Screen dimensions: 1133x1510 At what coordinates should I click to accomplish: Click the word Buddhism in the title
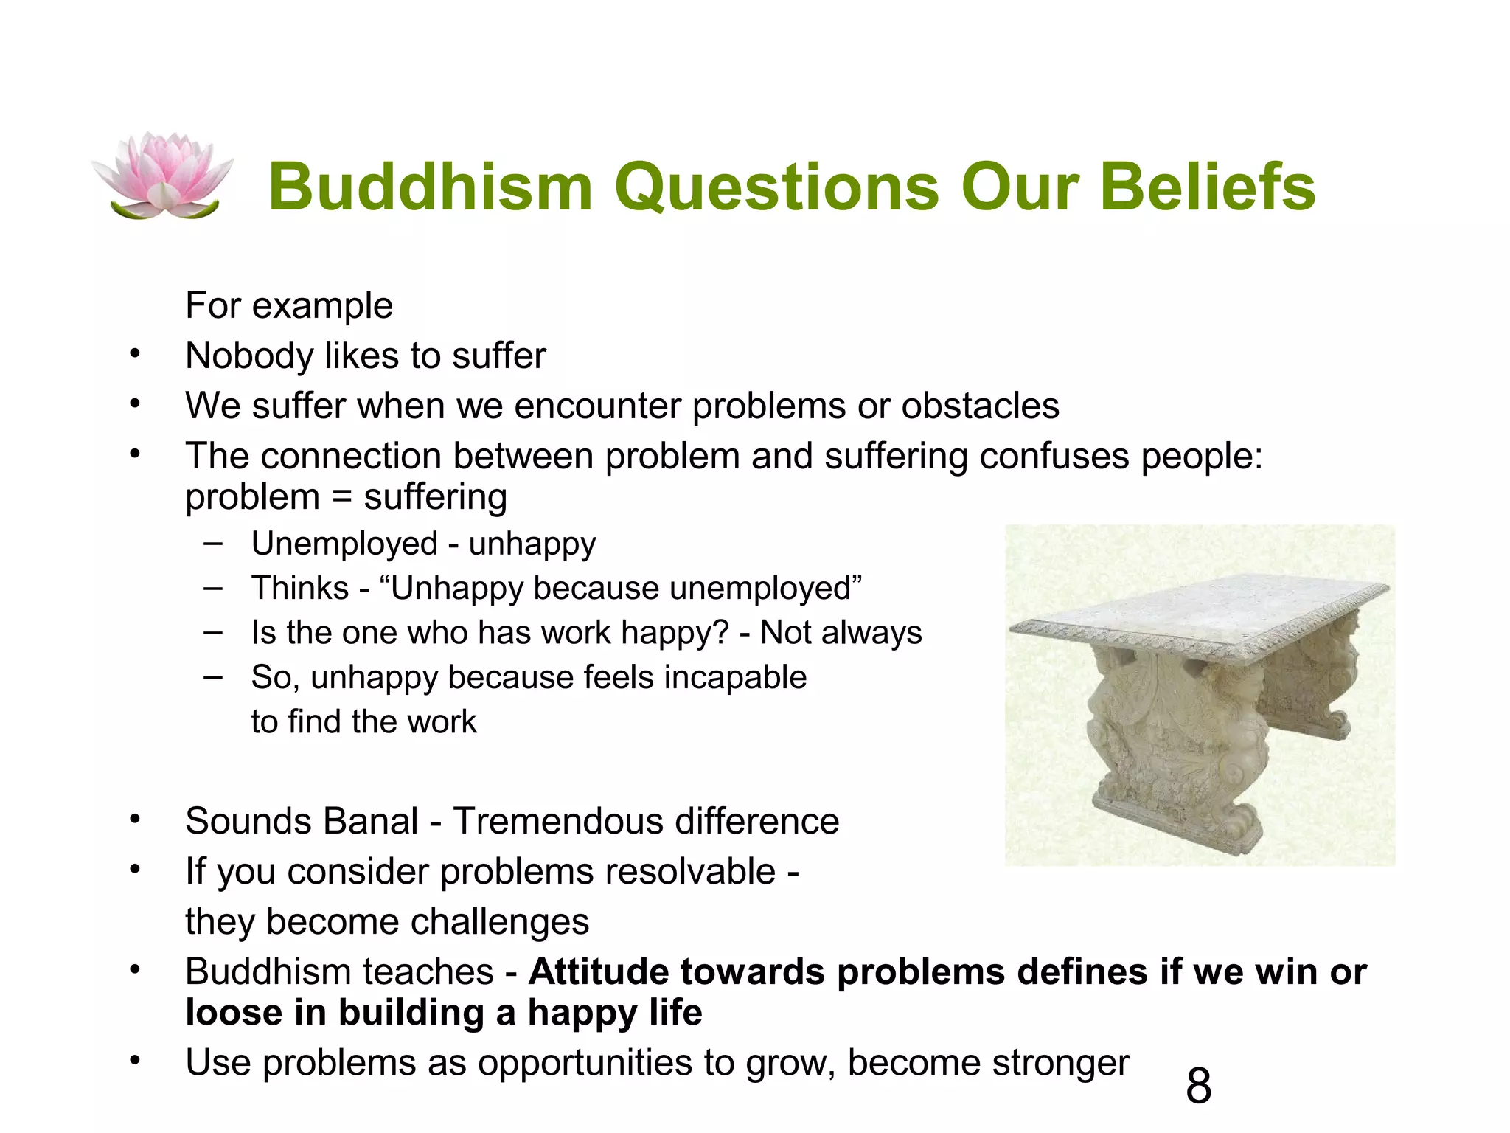431,187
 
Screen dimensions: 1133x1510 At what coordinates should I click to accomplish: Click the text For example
289,305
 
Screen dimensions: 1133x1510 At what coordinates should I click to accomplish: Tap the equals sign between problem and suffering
341,497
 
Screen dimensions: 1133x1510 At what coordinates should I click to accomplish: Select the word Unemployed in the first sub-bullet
344,544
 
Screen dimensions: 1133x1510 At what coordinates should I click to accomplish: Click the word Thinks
300,589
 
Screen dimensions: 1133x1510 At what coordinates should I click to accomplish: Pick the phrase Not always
841,633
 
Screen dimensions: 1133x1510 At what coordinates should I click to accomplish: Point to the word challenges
501,922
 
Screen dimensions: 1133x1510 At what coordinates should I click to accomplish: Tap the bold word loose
234,1012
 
